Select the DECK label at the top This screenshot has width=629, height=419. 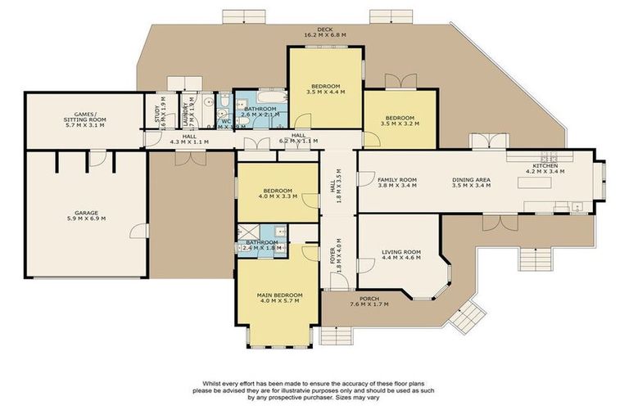point(325,29)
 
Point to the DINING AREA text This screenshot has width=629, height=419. point(470,179)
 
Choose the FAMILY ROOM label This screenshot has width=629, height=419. point(397,179)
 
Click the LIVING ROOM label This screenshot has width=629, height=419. point(400,252)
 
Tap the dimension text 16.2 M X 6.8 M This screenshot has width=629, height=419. point(325,36)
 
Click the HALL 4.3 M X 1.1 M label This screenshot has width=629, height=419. point(188,140)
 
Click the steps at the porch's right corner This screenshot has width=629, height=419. point(467,315)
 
